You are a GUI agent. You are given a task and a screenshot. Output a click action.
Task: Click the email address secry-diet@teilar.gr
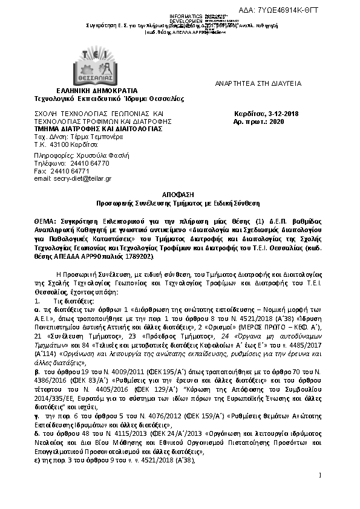(73, 179)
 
